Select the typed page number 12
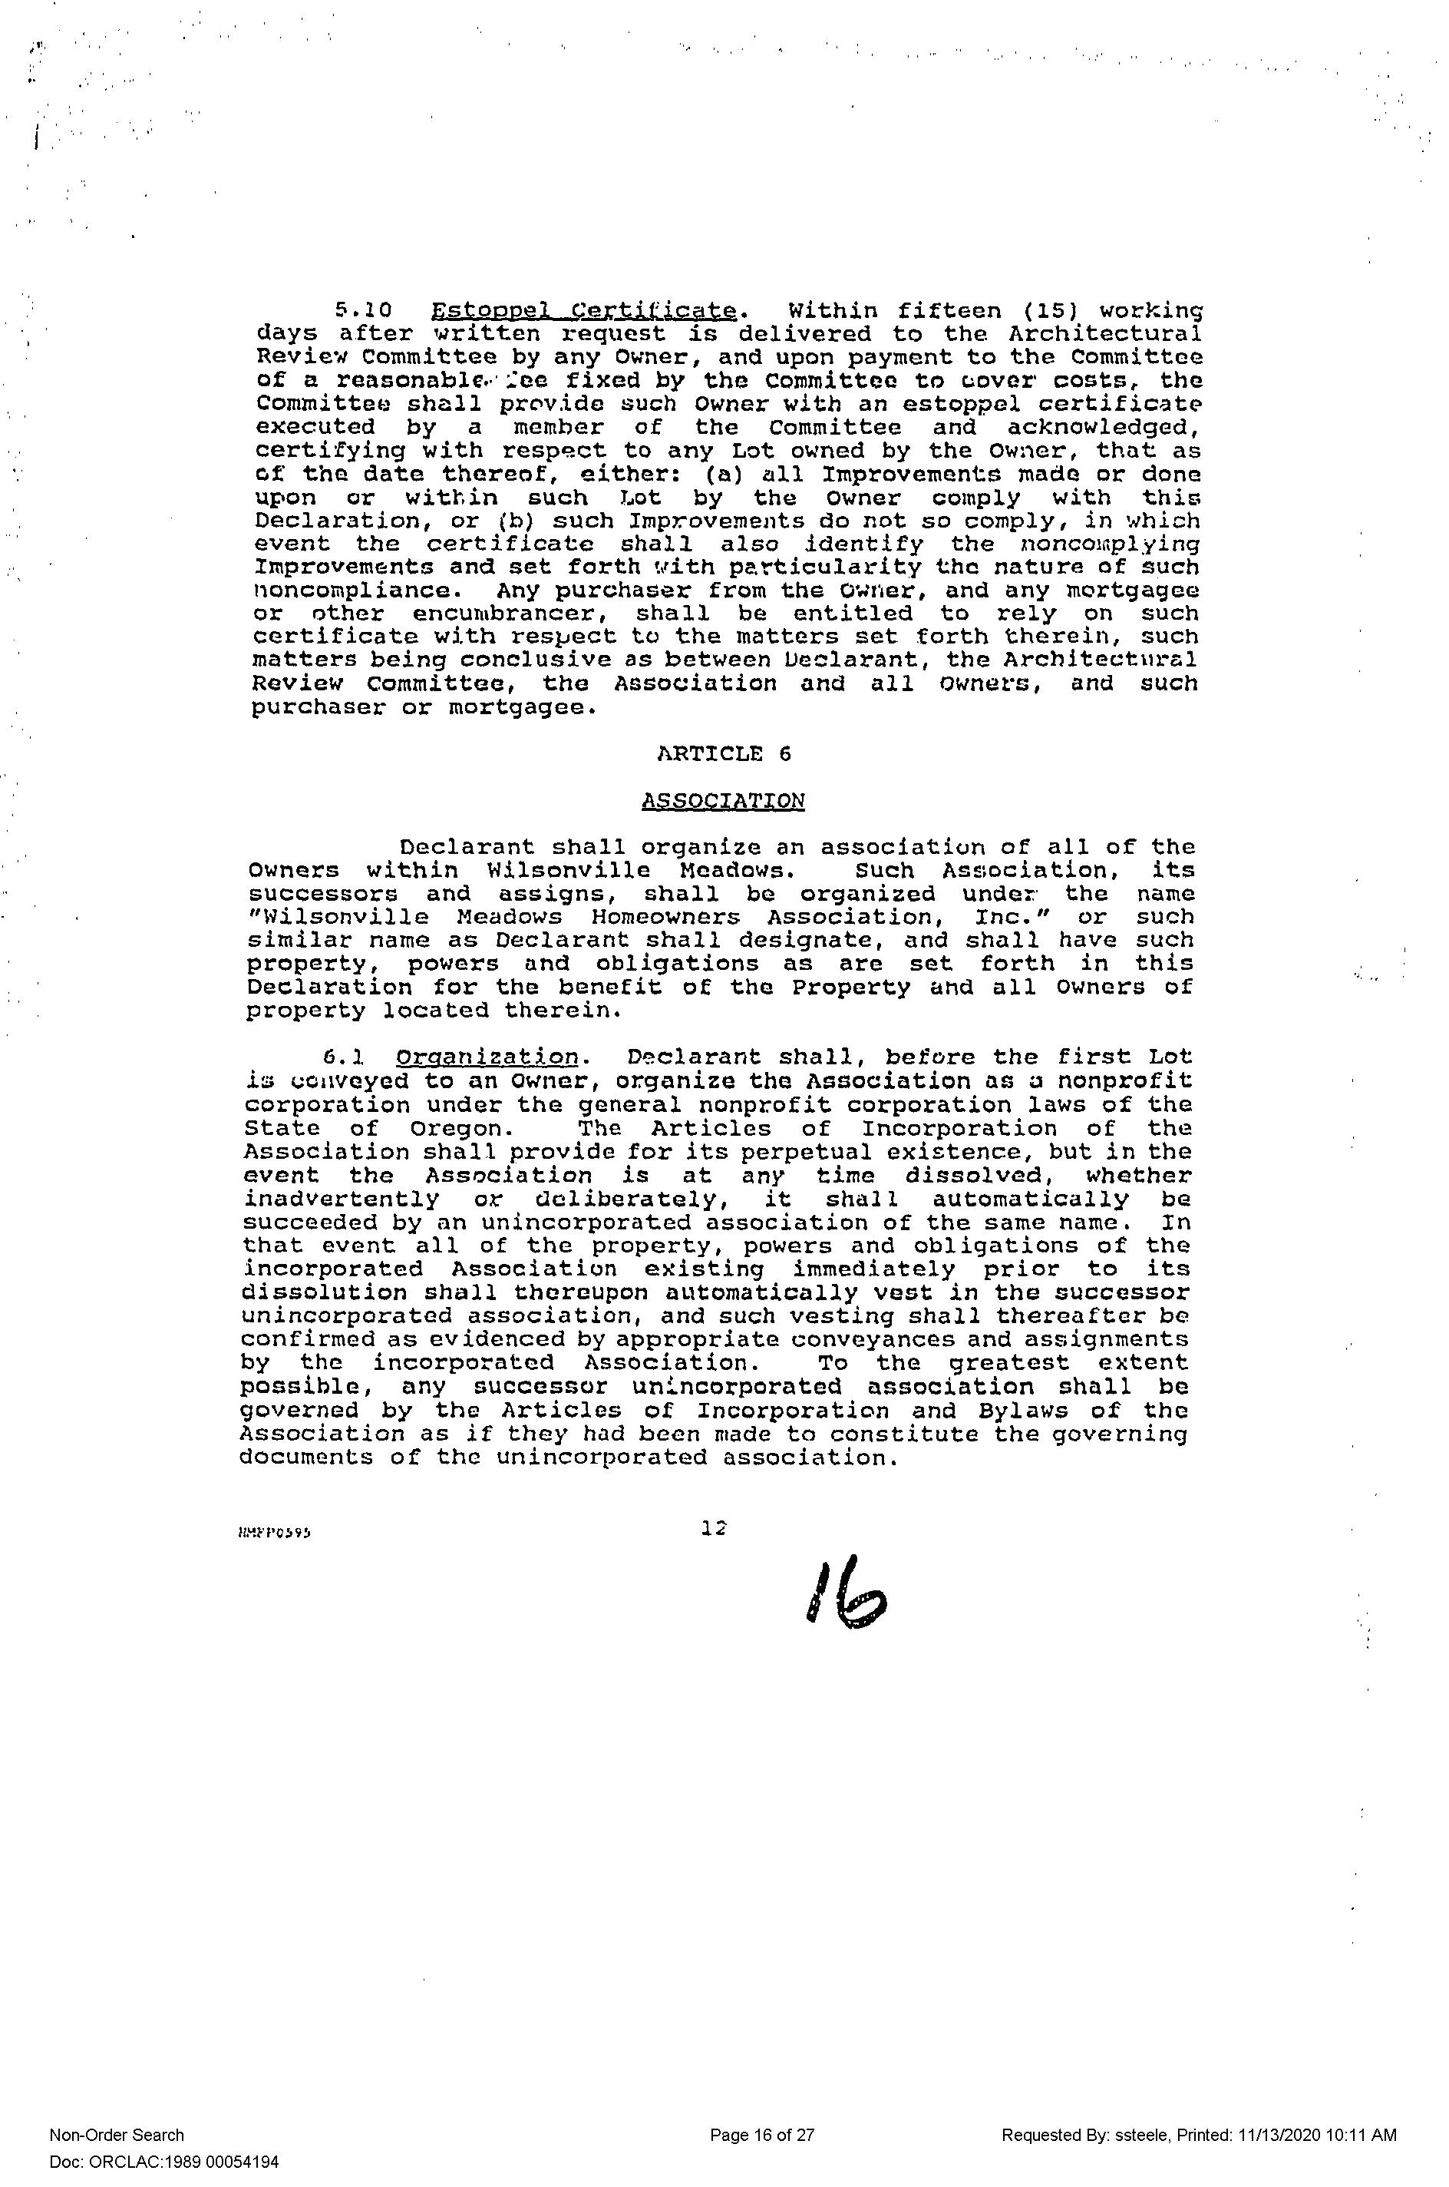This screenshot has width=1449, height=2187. click(715, 1530)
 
